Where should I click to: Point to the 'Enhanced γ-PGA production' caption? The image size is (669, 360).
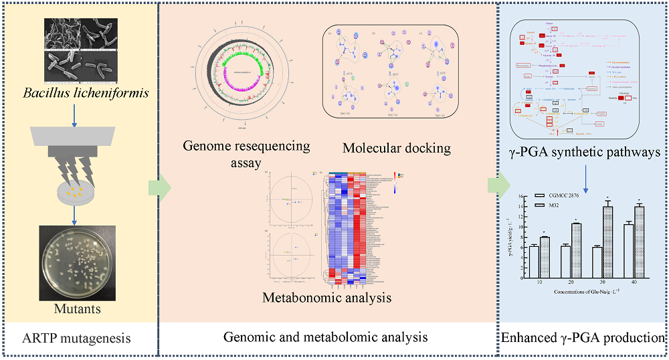pos(583,338)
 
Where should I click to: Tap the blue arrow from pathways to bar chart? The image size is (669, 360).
pos(586,178)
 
